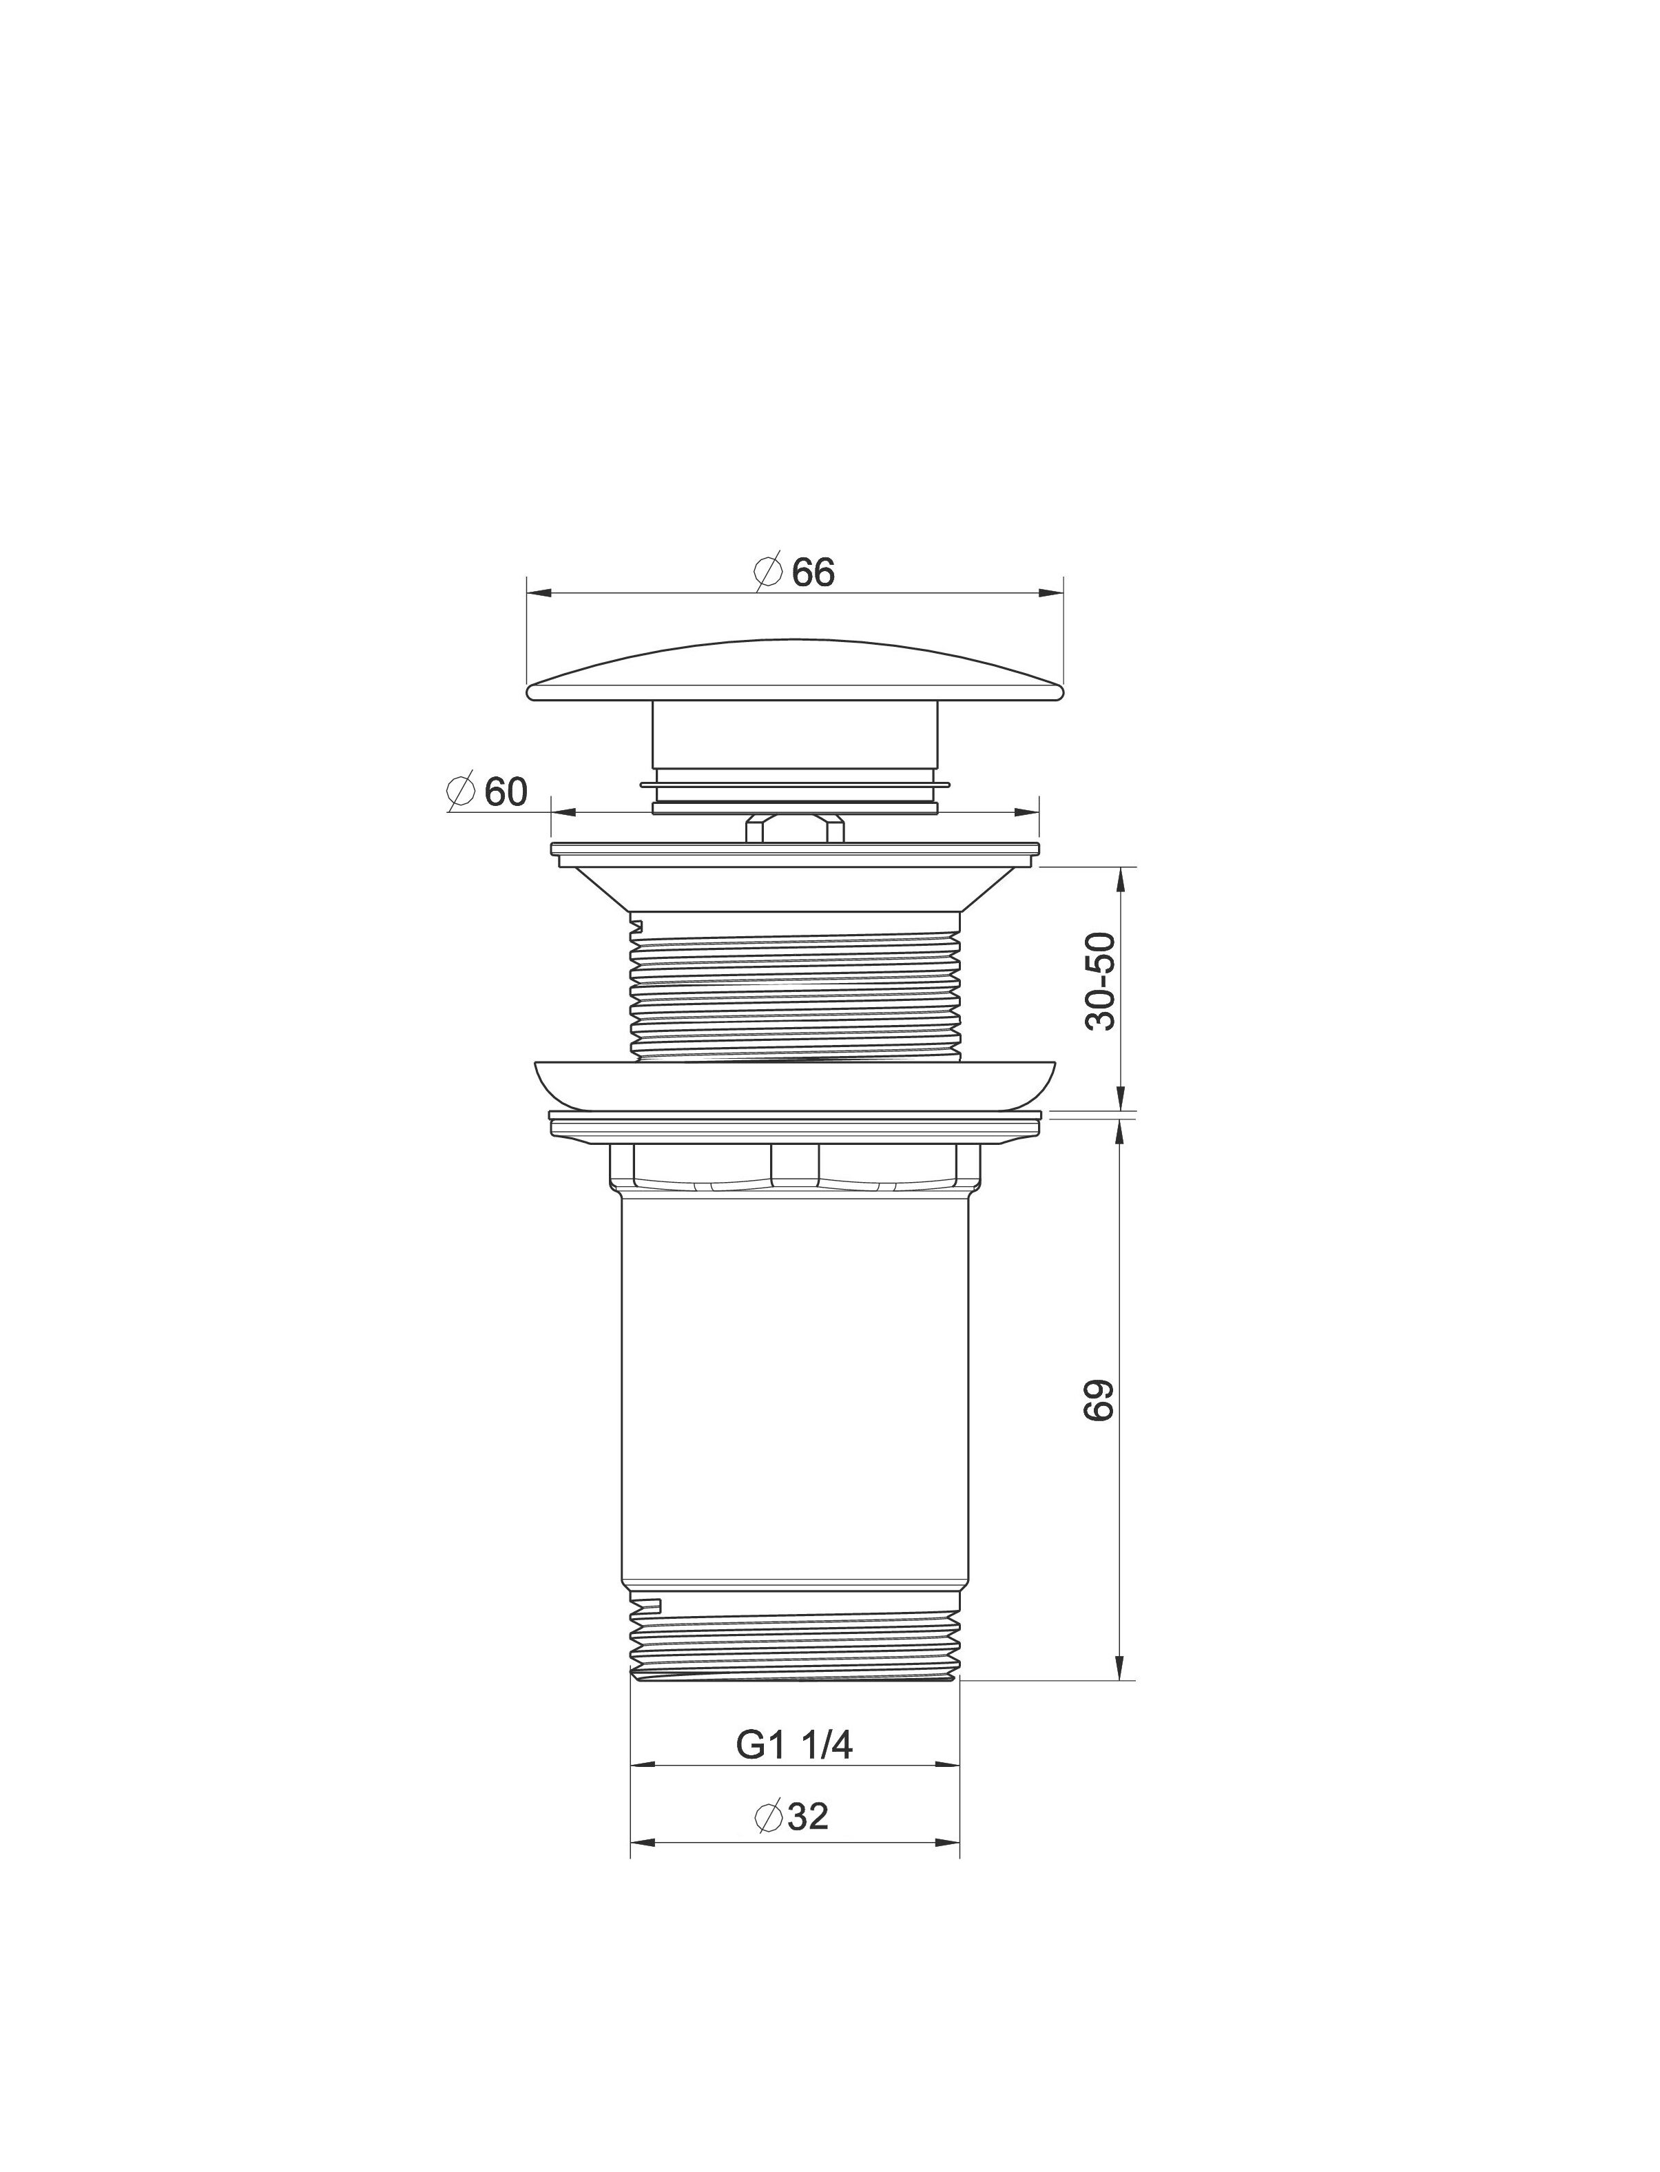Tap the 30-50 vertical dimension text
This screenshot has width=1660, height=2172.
point(1100,981)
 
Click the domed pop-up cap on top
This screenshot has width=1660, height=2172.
point(796,672)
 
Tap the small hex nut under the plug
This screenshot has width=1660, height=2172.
point(796,828)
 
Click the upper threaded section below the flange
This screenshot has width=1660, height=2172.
point(796,987)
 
